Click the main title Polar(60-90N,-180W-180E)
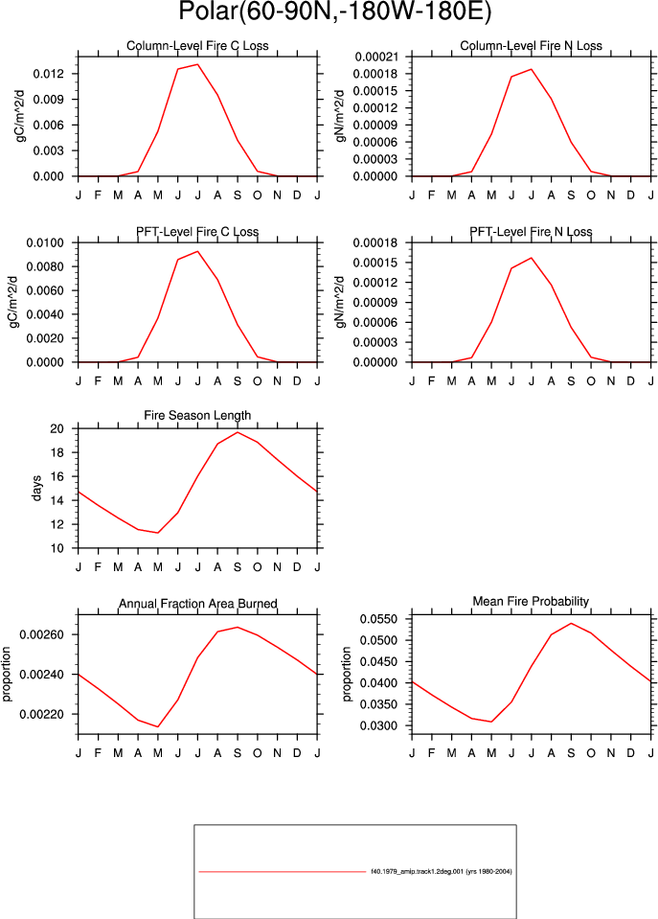(x=334, y=11)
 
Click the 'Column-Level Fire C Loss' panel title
(x=197, y=46)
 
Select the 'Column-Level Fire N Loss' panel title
(x=531, y=46)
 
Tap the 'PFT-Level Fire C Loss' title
(x=197, y=232)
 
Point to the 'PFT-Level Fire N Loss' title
(x=531, y=232)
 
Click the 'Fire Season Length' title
(x=197, y=415)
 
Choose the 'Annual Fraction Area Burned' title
(x=198, y=603)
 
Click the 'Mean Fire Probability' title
(x=531, y=601)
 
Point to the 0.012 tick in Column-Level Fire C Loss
(x=48, y=74)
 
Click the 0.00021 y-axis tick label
(x=376, y=57)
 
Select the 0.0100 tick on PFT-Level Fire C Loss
(x=45, y=242)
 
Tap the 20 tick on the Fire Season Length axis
(x=57, y=429)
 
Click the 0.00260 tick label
(x=41, y=634)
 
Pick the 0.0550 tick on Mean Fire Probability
(x=378, y=619)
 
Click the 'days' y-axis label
(x=37, y=488)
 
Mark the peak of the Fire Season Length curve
(x=238, y=432)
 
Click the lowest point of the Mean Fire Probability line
(x=491, y=722)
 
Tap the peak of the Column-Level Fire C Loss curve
(x=197, y=64)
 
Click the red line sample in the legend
(x=282, y=871)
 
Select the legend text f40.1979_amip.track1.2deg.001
(x=418, y=871)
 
